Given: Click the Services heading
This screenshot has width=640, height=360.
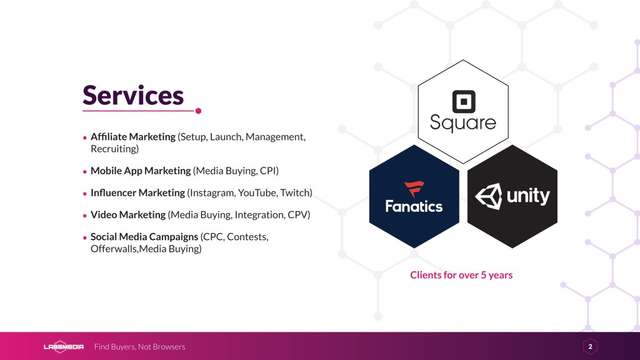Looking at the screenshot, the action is click(133, 95).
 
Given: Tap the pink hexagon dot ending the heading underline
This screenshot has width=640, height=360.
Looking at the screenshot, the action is click(198, 111).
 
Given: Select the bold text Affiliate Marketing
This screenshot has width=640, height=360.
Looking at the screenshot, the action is click(133, 137).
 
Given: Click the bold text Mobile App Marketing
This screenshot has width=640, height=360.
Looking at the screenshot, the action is click(141, 171).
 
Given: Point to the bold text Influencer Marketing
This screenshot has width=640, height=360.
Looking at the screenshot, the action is click(138, 192).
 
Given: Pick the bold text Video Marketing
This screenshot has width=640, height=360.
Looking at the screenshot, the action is click(128, 215).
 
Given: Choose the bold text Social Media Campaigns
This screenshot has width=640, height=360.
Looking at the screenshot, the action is click(144, 237).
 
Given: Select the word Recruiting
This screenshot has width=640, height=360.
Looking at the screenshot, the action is click(114, 149).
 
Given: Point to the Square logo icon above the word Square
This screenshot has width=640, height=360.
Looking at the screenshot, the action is click(464, 102).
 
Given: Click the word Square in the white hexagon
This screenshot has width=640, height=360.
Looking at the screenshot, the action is click(463, 123).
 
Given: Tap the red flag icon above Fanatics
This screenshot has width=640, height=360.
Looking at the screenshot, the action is click(414, 189).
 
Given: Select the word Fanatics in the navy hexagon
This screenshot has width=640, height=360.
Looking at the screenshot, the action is click(414, 206).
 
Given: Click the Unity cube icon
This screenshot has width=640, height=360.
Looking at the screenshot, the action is click(489, 196).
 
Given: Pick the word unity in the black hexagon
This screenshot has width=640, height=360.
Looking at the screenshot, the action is click(528, 196).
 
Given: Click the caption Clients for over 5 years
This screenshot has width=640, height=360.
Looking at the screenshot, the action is click(461, 275).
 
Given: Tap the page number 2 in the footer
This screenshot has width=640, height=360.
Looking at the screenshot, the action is click(590, 346).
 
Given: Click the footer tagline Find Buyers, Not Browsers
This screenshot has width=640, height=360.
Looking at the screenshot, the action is click(139, 346).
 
